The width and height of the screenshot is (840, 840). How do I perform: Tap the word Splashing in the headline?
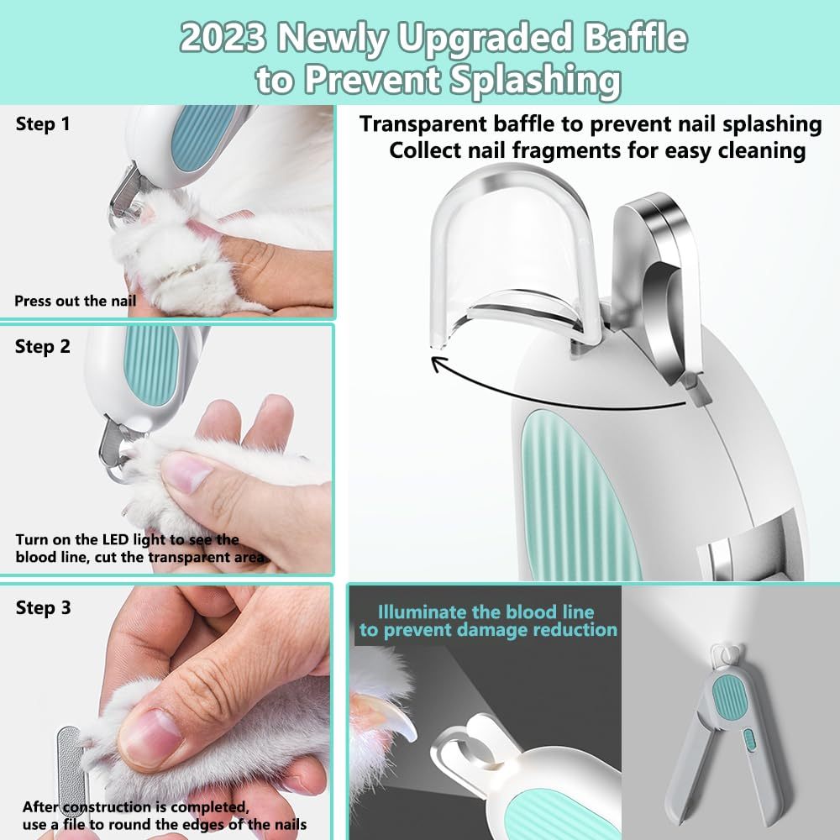[525, 79]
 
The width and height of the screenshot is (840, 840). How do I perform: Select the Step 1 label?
[42, 124]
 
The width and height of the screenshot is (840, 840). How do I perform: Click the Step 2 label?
[42, 346]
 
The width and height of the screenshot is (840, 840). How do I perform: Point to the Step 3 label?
[43, 607]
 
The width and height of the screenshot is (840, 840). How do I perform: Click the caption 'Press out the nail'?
[75, 300]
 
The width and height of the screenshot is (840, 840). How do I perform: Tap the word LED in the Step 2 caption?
[132, 539]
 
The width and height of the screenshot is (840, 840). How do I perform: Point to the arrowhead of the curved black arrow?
[437, 363]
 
